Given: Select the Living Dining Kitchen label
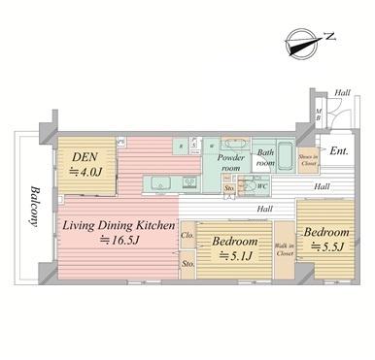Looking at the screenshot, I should [x=119, y=226].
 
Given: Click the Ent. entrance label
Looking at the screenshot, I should [x=338, y=151].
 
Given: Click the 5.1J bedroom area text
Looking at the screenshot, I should [x=237, y=255].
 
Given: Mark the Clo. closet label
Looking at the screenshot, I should [x=187, y=235].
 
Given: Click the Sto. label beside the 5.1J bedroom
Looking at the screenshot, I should [x=187, y=263].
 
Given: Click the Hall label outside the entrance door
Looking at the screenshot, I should [x=342, y=93].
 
